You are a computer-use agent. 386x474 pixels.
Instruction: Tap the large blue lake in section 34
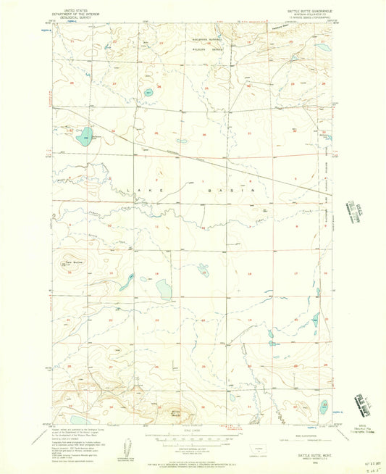[x=85, y=136]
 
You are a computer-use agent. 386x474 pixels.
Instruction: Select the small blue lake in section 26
[x=149, y=93]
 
